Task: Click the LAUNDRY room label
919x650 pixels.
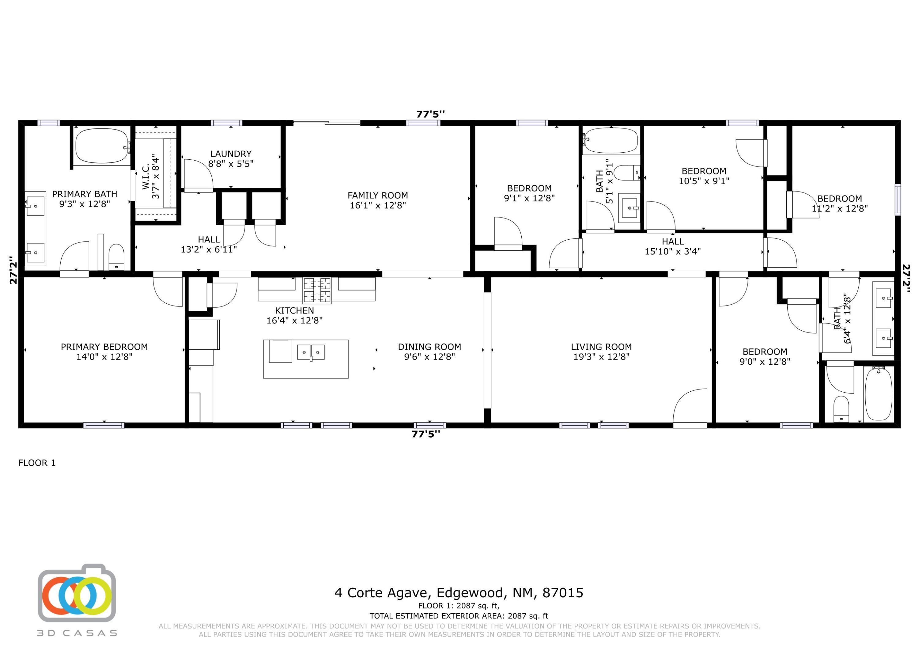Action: click(x=231, y=154)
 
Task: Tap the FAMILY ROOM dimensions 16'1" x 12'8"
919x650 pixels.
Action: click(x=377, y=205)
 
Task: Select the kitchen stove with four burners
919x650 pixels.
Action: click(x=317, y=290)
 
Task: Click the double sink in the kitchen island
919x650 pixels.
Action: click(x=311, y=352)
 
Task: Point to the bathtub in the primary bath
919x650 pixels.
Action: click(x=102, y=146)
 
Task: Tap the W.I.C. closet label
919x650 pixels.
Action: click(x=146, y=176)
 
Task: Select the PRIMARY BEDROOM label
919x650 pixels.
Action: click(x=104, y=347)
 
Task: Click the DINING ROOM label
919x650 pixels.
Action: click(x=429, y=347)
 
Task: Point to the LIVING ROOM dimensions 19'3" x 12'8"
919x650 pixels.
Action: click(x=601, y=357)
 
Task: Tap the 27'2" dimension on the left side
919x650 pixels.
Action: click(x=13, y=270)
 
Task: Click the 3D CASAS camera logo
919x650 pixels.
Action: click(x=77, y=595)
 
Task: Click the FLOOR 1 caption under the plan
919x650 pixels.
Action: click(x=37, y=463)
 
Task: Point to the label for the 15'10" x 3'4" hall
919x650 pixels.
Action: click(x=672, y=241)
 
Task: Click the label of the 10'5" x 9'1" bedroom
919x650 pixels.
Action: click(x=704, y=171)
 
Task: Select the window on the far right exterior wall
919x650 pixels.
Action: click(x=898, y=200)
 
